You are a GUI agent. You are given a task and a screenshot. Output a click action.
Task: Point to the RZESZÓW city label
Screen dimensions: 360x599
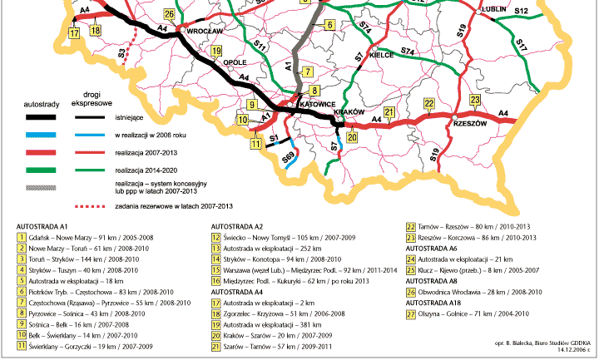point(469,121)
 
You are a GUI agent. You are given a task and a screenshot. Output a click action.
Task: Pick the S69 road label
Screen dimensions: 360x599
point(286,155)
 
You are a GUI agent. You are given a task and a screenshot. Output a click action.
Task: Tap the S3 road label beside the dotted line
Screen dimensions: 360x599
point(121,53)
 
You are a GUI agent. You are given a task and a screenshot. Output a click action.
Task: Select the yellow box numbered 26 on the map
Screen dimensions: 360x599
point(170,15)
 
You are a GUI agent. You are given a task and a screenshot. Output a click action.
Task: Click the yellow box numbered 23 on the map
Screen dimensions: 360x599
point(475,100)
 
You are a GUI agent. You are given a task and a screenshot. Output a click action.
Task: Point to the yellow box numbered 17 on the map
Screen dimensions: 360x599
point(74,32)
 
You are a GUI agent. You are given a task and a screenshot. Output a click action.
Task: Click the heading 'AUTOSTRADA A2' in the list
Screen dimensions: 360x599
point(236,225)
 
